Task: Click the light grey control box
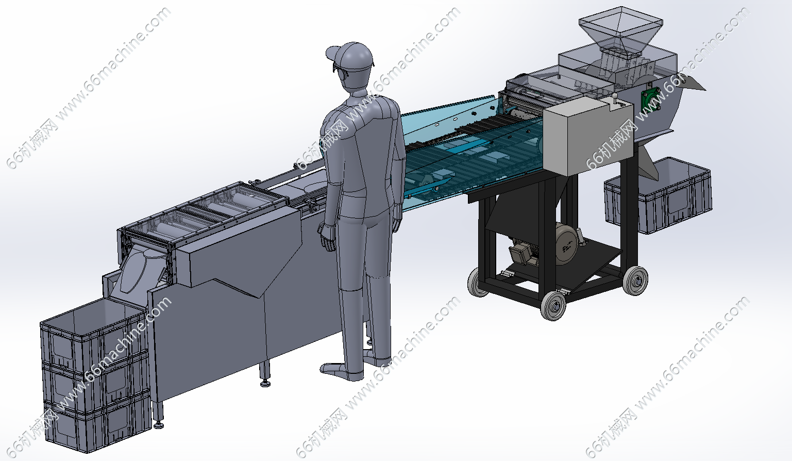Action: coord(587,136)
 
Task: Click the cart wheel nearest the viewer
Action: coord(553,305)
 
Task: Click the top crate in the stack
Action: coord(94,334)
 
